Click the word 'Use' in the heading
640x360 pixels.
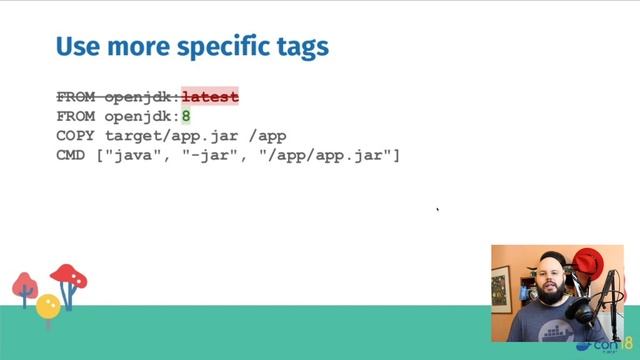(75, 47)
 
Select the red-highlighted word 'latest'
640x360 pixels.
(210, 97)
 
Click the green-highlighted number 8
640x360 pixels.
(186, 116)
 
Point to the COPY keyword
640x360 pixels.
(76, 135)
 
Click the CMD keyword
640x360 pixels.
(71, 155)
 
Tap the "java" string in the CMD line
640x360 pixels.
(139, 155)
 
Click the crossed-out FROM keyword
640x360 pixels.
(76, 97)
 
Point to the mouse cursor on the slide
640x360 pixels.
(438, 210)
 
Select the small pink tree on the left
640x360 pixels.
(25, 287)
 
